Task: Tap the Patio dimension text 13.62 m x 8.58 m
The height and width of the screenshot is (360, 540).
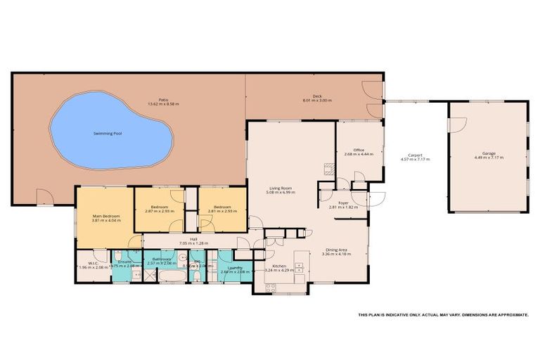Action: (x=163, y=104)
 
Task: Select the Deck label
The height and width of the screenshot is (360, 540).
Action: (x=316, y=96)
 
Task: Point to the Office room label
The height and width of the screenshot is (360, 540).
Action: (x=358, y=150)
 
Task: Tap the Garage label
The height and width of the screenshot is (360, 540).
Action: (x=489, y=153)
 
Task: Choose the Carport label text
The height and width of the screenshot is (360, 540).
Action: (x=414, y=155)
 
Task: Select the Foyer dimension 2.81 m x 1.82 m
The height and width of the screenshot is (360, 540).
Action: (x=343, y=207)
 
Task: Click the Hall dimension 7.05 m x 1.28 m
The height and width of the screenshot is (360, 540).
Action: (x=193, y=243)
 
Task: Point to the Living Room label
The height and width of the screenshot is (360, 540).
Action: (x=281, y=188)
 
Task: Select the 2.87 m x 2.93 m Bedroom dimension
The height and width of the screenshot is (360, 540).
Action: (x=159, y=212)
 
